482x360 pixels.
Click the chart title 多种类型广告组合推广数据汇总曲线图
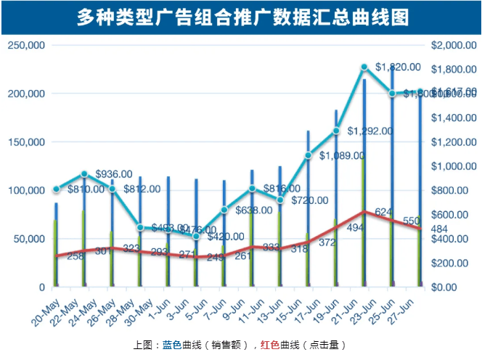coord(242,17)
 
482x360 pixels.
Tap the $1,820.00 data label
coord(397,67)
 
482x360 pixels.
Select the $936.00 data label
coord(114,174)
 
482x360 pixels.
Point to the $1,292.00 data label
coord(370,131)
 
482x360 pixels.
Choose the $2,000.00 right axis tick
coord(453,45)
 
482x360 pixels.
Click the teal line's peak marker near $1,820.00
coord(364,67)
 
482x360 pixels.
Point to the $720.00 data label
coord(311,200)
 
